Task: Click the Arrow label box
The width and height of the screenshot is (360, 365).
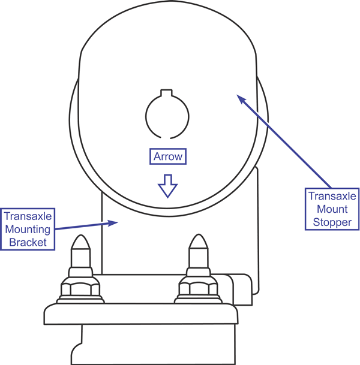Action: tap(167, 157)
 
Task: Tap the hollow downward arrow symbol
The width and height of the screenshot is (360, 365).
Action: tap(167, 186)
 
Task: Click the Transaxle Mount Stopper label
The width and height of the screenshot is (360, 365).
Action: tap(333, 210)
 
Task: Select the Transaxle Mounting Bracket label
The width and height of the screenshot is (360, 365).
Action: tap(28, 228)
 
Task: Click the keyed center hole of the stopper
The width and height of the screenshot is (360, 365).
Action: tap(167, 114)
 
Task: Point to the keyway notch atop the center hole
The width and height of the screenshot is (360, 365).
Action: tap(167, 93)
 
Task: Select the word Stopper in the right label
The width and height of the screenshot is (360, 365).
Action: tap(333, 223)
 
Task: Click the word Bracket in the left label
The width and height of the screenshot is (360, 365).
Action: tap(28, 242)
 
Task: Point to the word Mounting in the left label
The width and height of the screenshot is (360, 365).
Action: tap(28, 229)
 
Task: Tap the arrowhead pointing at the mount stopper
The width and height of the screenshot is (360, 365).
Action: tap(239, 97)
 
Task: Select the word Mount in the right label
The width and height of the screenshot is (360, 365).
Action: tap(333, 210)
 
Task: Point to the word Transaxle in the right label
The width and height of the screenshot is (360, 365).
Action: tap(333, 197)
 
